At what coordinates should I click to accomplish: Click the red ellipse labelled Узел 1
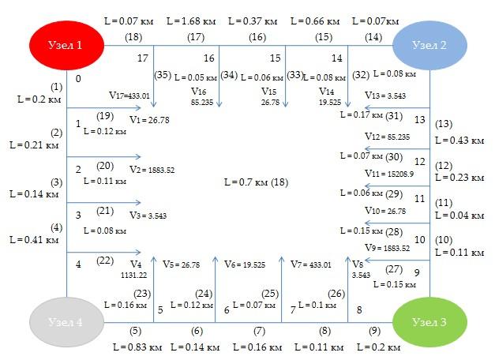(x=66, y=45)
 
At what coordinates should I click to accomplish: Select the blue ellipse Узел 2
(x=429, y=45)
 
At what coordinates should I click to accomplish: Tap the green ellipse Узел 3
(x=429, y=322)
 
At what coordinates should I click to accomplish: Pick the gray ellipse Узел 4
(x=66, y=322)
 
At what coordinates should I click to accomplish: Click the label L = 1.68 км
(x=191, y=21)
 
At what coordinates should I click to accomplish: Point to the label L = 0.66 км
(x=315, y=21)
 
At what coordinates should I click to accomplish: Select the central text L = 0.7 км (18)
(x=256, y=182)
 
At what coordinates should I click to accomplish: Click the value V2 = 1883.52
(x=152, y=170)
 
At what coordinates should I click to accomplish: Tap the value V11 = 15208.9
(x=389, y=174)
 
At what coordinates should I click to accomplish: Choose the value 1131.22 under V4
(x=134, y=275)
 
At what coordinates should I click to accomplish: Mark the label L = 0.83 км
(x=137, y=347)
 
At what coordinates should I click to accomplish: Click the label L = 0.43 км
(x=459, y=141)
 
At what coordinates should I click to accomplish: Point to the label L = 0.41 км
(x=34, y=240)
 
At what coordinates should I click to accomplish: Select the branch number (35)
(x=163, y=75)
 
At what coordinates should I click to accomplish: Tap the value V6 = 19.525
(x=245, y=264)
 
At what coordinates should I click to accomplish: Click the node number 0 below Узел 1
(x=78, y=79)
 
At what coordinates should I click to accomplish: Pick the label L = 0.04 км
(x=459, y=216)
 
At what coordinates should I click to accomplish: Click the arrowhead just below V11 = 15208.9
(x=368, y=186)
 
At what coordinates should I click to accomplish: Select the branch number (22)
(x=105, y=261)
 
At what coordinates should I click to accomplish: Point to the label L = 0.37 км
(x=253, y=21)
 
